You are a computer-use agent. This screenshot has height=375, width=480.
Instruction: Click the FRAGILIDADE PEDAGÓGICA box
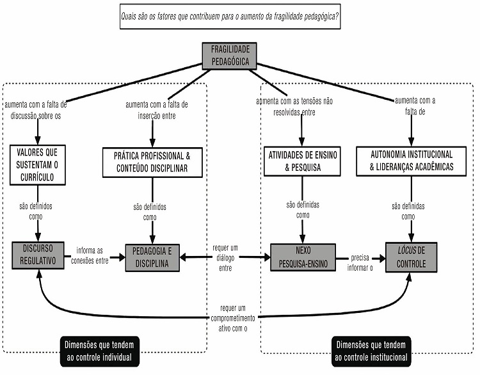click(229, 56)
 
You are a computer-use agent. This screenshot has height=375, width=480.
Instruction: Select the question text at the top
click(230, 17)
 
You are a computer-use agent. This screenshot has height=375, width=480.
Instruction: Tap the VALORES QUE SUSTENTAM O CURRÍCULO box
click(38, 165)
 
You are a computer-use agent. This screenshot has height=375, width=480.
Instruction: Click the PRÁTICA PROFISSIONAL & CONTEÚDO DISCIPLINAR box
click(152, 162)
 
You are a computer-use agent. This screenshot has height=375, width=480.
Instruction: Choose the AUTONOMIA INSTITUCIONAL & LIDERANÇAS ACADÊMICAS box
click(411, 161)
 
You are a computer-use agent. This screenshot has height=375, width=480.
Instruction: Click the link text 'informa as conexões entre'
click(92, 255)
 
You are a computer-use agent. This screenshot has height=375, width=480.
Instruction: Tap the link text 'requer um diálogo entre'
click(226, 257)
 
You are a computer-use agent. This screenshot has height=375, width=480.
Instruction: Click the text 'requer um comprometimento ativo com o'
click(234, 317)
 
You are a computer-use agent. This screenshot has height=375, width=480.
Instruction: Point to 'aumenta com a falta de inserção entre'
click(152, 109)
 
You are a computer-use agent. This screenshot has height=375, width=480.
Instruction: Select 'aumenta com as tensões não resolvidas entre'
click(294, 107)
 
